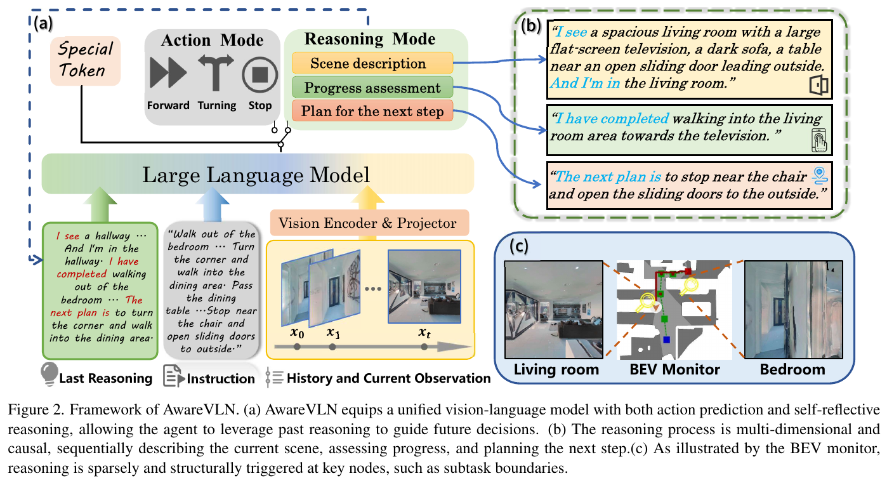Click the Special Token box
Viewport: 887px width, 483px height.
pos(85,61)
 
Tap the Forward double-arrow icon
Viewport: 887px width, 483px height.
pos(168,72)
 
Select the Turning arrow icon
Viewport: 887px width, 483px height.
pos(216,72)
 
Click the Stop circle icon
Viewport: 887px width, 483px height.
pos(260,74)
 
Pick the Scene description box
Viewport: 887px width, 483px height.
pos(372,63)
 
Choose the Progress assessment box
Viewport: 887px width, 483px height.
pos(372,87)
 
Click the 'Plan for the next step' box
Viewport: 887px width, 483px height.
pos(372,111)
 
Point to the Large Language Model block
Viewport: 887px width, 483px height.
pos(258,174)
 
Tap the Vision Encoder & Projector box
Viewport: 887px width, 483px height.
pos(369,223)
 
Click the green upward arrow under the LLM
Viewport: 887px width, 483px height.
pos(100,204)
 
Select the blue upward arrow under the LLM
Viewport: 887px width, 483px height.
pos(213,204)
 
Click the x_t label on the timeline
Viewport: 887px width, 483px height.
pos(424,333)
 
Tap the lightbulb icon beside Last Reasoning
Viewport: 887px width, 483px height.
pos(49,373)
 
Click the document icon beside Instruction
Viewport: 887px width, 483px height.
pos(173,376)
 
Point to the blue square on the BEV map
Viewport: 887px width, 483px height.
pos(666,340)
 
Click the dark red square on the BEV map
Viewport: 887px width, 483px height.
pos(688,272)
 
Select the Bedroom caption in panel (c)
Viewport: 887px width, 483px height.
pos(792,369)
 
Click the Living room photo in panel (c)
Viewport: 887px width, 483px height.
pos(554,310)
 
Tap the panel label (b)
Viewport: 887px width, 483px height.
pos(530,26)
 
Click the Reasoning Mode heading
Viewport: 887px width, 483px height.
pos(370,39)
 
